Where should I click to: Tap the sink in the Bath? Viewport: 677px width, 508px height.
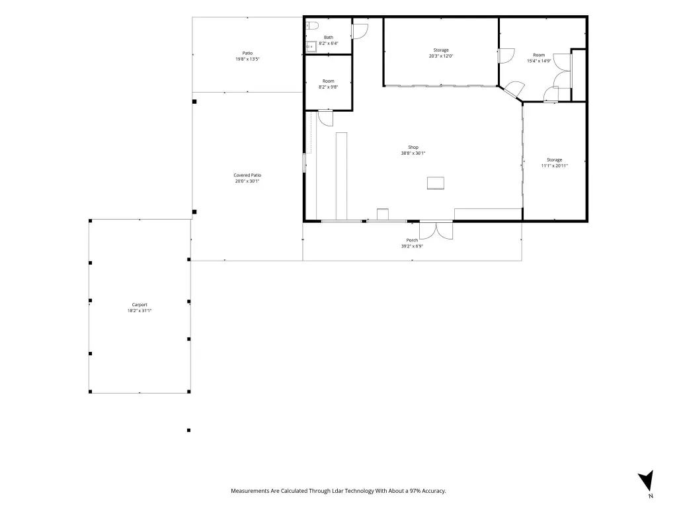pyautogui.click(x=311, y=46)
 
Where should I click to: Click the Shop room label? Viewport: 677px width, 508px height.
pyautogui.click(x=413, y=148)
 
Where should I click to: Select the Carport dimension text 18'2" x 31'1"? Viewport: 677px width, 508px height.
pyautogui.click(x=139, y=311)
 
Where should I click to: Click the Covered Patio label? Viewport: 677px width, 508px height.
pyautogui.click(x=247, y=175)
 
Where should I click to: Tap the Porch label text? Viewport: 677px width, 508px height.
pyautogui.click(x=412, y=240)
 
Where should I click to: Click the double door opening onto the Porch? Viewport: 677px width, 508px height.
pyautogui.click(x=436, y=230)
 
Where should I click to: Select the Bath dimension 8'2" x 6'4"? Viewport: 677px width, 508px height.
pyautogui.click(x=329, y=43)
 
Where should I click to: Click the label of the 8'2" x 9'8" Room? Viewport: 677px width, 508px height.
pyautogui.click(x=328, y=81)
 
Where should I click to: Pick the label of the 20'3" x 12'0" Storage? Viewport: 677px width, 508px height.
pyautogui.click(x=441, y=50)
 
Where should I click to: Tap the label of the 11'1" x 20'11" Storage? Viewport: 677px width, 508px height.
pyautogui.click(x=555, y=160)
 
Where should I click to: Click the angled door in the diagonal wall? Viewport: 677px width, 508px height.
pyautogui.click(x=514, y=90)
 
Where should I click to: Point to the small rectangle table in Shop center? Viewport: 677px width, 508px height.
pyautogui.click(x=436, y=183)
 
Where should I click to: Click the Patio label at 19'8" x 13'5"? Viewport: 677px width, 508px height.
pyautogui.click(x=247, y=53)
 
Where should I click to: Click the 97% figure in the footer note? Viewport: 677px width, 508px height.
pyautogui.click(x=415, y=491)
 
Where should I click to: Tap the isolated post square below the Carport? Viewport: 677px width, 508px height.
pyautogui.click(x=188, y=430)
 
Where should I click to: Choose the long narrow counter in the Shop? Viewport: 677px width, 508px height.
pyautogui.click(x=342, y=177)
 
